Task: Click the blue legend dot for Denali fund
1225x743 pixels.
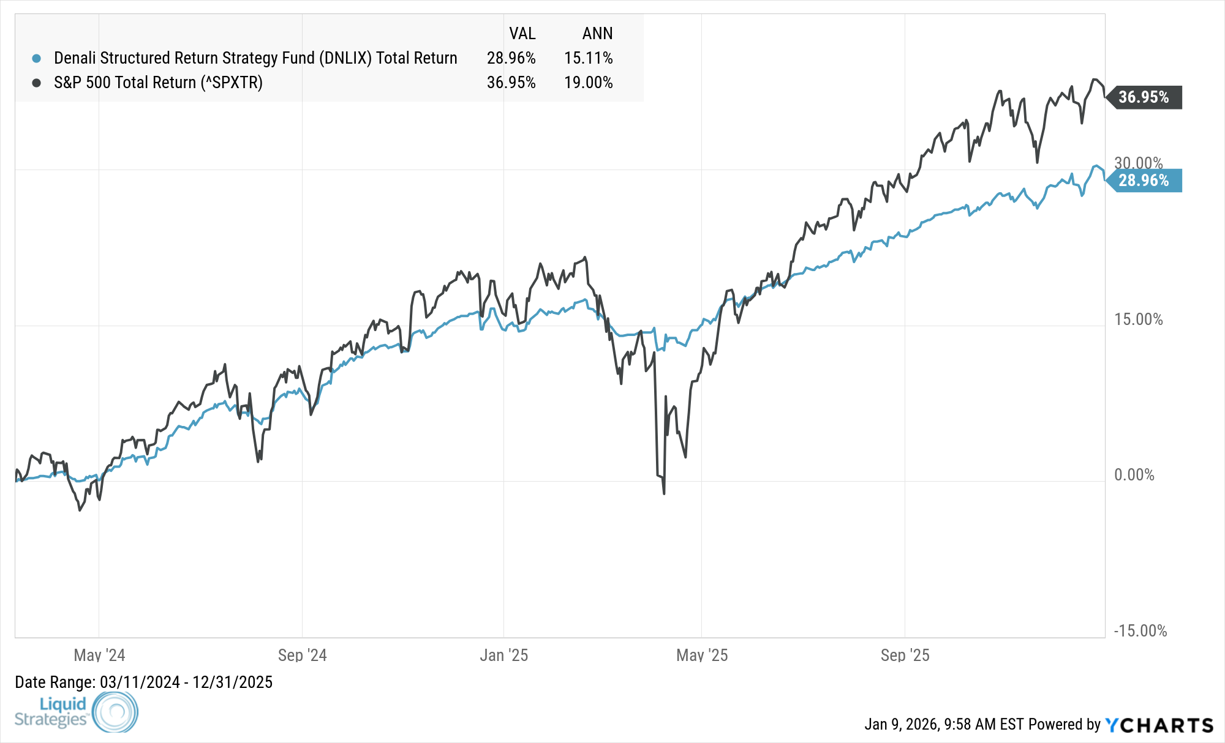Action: [x=37, y=58]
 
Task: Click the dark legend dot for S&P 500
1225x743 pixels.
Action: [x=37, y=83]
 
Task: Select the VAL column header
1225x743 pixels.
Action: [x=522, y=34]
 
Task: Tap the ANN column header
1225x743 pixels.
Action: [x=597, y=34]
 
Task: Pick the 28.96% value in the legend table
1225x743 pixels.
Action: [x=511, y=58]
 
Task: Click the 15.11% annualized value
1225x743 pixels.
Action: [x=588, y=58]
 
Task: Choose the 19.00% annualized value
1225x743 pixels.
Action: [x=588, y=83]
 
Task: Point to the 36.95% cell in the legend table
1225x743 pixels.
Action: [x=511, y=83]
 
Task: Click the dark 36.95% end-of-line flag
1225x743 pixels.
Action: [x=1144, y=97]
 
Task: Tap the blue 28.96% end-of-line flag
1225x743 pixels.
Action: [x=1144, y=181]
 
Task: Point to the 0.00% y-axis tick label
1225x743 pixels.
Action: [x=1134, y=475]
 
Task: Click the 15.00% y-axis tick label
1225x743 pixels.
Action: [x=1138, y=319]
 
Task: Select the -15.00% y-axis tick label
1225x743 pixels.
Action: [x=1140, y=631]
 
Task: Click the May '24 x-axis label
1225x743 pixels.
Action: [x=99, y=655]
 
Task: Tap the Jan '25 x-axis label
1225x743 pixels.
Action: [x=503, y=655]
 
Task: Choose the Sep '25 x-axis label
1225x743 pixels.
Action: [x=905, y=655]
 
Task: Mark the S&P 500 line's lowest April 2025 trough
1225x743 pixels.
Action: [x=664, y=493]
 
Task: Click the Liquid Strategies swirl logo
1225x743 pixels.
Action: [x=115, y=712]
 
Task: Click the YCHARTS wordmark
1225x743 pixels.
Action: [x=1159, y=725]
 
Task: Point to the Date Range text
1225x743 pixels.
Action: [x=143, y=682]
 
